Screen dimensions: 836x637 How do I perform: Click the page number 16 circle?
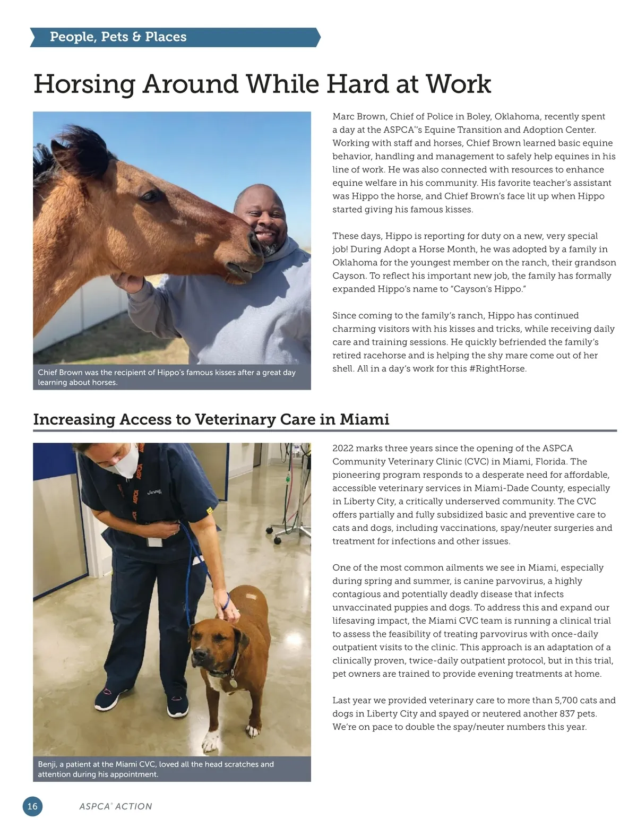(32, 806)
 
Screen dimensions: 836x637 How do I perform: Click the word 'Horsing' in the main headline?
(84, 84)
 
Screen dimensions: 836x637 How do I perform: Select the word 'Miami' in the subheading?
(364, 419)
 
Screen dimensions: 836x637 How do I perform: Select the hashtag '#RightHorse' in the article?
(497, 369)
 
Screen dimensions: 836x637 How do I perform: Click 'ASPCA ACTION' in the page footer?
(115, 807)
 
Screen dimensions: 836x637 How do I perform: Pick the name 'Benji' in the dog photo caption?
(48, 764)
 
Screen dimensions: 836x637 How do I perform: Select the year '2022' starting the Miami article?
(343, 449)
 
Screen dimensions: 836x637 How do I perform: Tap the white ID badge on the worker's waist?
(154, 542)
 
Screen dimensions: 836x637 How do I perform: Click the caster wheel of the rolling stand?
(277, 540)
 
